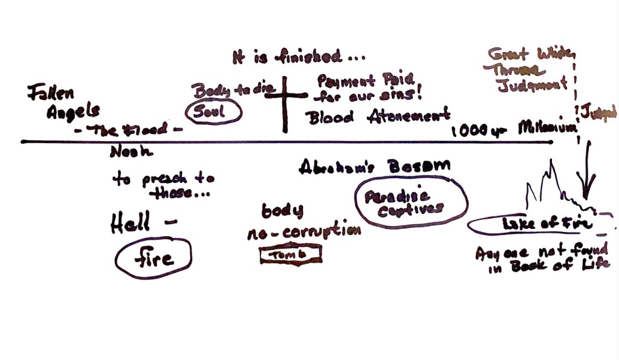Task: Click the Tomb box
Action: [290, 256]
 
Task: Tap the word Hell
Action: [131, 224]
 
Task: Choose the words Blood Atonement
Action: [379, 116]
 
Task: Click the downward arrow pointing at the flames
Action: [587, 175]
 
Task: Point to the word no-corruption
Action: [303, 233]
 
